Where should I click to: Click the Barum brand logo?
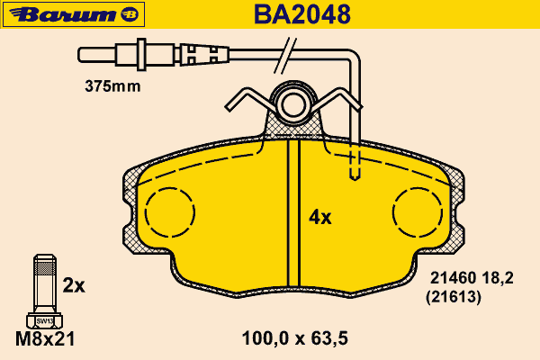(x=74, y=14)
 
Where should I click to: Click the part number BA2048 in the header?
(x=302, y=14)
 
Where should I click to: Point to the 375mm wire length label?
(x=112, y=86)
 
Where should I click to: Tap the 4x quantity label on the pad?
(x=319, y=218)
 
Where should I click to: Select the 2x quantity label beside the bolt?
(x=74, y=285)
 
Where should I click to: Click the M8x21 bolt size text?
(x=45, y=339)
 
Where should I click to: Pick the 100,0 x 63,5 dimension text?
(x=295, y=338)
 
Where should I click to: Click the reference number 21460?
(x=454, y=278)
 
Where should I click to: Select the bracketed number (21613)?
(x=454, y=297)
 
